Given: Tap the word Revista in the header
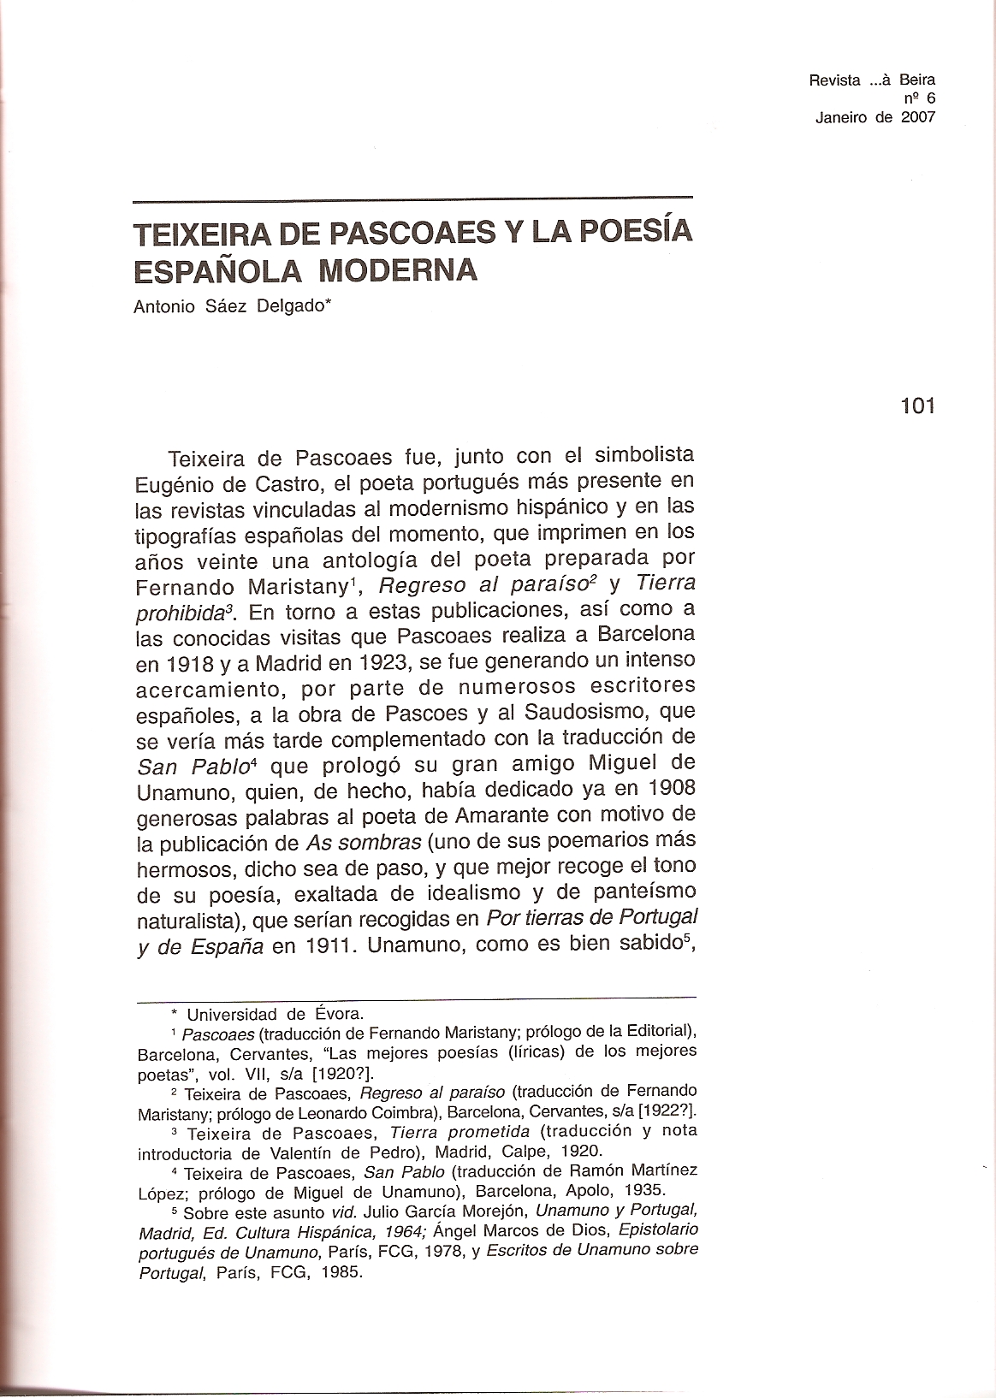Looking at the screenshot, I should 834,80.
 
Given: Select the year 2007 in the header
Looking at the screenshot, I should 917,118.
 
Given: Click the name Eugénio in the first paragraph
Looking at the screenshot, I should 175,483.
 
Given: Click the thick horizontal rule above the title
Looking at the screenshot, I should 413,198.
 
